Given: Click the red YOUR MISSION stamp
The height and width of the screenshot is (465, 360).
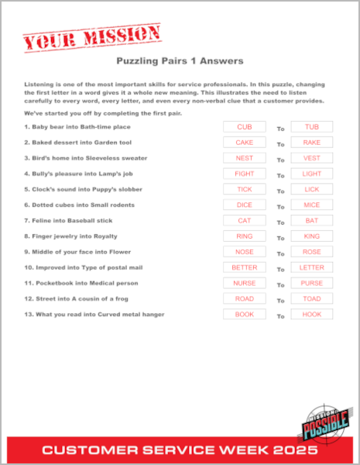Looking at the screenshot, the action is pyautogui.click(x=91, y=35).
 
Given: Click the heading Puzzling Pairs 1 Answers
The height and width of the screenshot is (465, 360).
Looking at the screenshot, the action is pyautogui.click(x=180, y=60).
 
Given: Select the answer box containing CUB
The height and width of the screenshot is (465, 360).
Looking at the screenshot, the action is pyautogui.click(x=244, y=127).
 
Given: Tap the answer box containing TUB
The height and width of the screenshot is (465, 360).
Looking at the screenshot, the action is pyautogui.click(x=311, y=127).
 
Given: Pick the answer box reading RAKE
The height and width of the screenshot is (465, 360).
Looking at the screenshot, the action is pyautogui.click(x=311, y=143).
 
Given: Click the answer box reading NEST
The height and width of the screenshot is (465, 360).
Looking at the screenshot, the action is pyautogui.click(x=244, y=158).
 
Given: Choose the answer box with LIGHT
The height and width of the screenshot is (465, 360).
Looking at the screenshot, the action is pyautogui.click(x=311, y=174).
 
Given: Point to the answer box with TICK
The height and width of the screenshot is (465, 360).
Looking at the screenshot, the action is pyautogui.click(x=244, y=189).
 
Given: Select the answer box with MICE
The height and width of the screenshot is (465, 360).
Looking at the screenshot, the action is pyautogui.click(x=311, y=205).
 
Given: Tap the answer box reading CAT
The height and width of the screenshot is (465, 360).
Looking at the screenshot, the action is pyautogui.click(x=244, y=221).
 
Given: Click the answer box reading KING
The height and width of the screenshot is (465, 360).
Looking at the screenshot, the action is pyautogui.click(x=311, y=236).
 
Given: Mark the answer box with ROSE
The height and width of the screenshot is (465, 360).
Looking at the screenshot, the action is pyautogui.click(x=311, y=252).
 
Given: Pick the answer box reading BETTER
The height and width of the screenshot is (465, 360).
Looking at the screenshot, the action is pyautogui.click(x=244, y=267).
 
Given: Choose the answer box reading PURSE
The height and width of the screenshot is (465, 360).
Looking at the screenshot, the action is pyautogui.click(x=311, y=283).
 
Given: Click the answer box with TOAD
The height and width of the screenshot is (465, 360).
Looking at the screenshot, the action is pyautogui.click(x=311, y=298).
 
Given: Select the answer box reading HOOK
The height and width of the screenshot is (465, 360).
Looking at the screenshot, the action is pyautogui.click(x=311, y=314).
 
